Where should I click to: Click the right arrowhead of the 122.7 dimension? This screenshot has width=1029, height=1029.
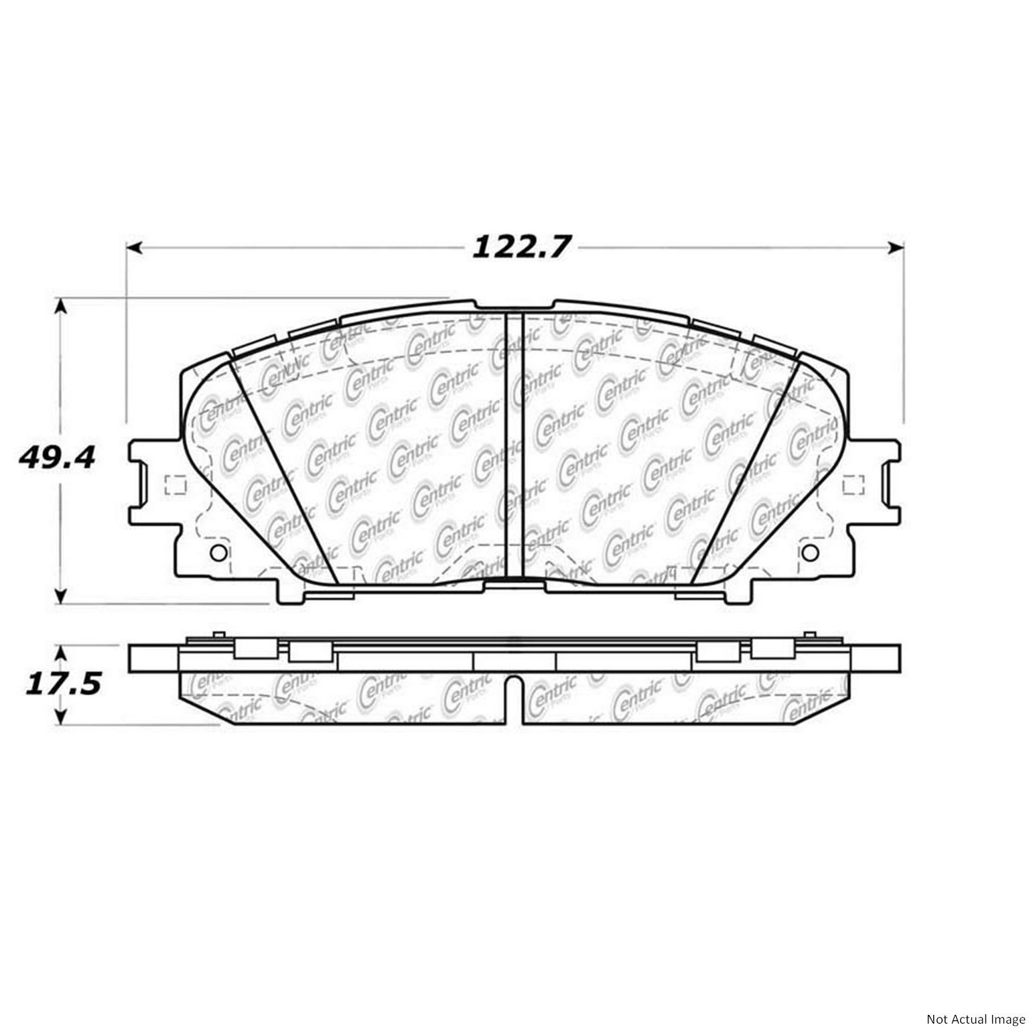(x=896, y=248)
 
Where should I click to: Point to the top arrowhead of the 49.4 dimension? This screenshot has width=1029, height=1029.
(x=61, y=307)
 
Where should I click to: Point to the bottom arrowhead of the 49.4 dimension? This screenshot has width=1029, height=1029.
(x=61, y=596)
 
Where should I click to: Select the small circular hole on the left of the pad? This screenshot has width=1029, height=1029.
(x=218, y=553)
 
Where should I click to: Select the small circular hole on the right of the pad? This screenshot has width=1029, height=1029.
(x=810, y=553)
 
